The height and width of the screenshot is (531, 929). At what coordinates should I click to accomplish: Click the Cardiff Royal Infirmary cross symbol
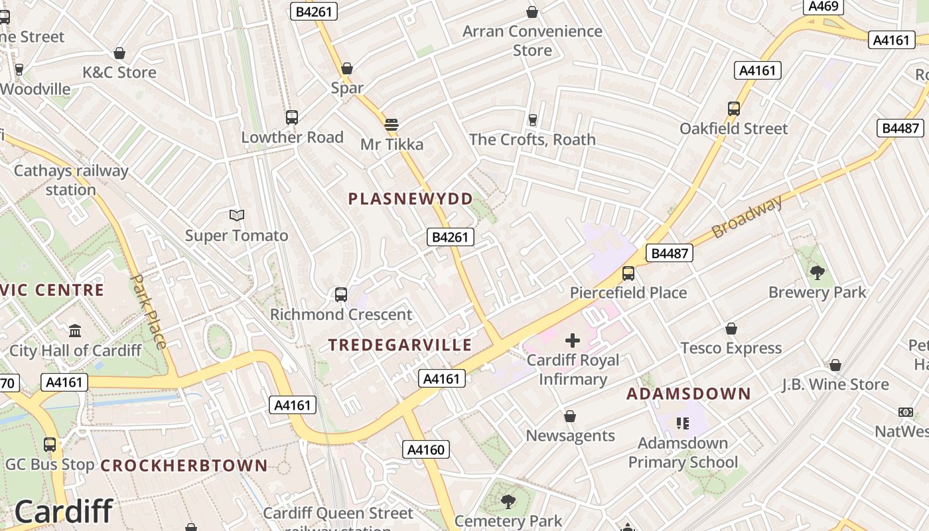[573, 341]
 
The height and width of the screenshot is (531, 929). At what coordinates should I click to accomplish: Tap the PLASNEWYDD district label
[411, 198]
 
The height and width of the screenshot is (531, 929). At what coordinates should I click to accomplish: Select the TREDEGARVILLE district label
[400, 345]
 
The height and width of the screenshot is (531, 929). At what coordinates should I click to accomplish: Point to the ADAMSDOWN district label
[689, 394]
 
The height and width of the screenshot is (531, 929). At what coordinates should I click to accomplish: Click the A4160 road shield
[426, 450]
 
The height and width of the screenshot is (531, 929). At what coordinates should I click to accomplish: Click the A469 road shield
[823, 7]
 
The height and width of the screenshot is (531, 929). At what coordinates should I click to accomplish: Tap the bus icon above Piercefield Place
[628, 273]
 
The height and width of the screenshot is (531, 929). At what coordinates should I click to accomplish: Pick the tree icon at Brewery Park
[818, 272]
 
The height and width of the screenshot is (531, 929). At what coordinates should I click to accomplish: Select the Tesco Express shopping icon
[731, 329]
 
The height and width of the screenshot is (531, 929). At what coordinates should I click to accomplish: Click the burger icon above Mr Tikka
[392, 124]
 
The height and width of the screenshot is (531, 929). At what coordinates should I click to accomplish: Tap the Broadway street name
[747, 217]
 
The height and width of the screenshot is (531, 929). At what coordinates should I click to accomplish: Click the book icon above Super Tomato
[237, 215]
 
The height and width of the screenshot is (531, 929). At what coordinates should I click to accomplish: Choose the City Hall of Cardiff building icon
[75, 331]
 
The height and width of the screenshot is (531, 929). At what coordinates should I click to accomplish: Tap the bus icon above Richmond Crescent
[341, 294]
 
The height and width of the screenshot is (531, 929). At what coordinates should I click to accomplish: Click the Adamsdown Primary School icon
[683, 423]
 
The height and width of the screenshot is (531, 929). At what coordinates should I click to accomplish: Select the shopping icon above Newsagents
[570, 416]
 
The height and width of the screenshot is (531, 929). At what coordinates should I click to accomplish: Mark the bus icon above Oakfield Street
[734, 108]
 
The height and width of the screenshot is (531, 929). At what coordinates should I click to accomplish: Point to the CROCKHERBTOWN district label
[184, 465]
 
